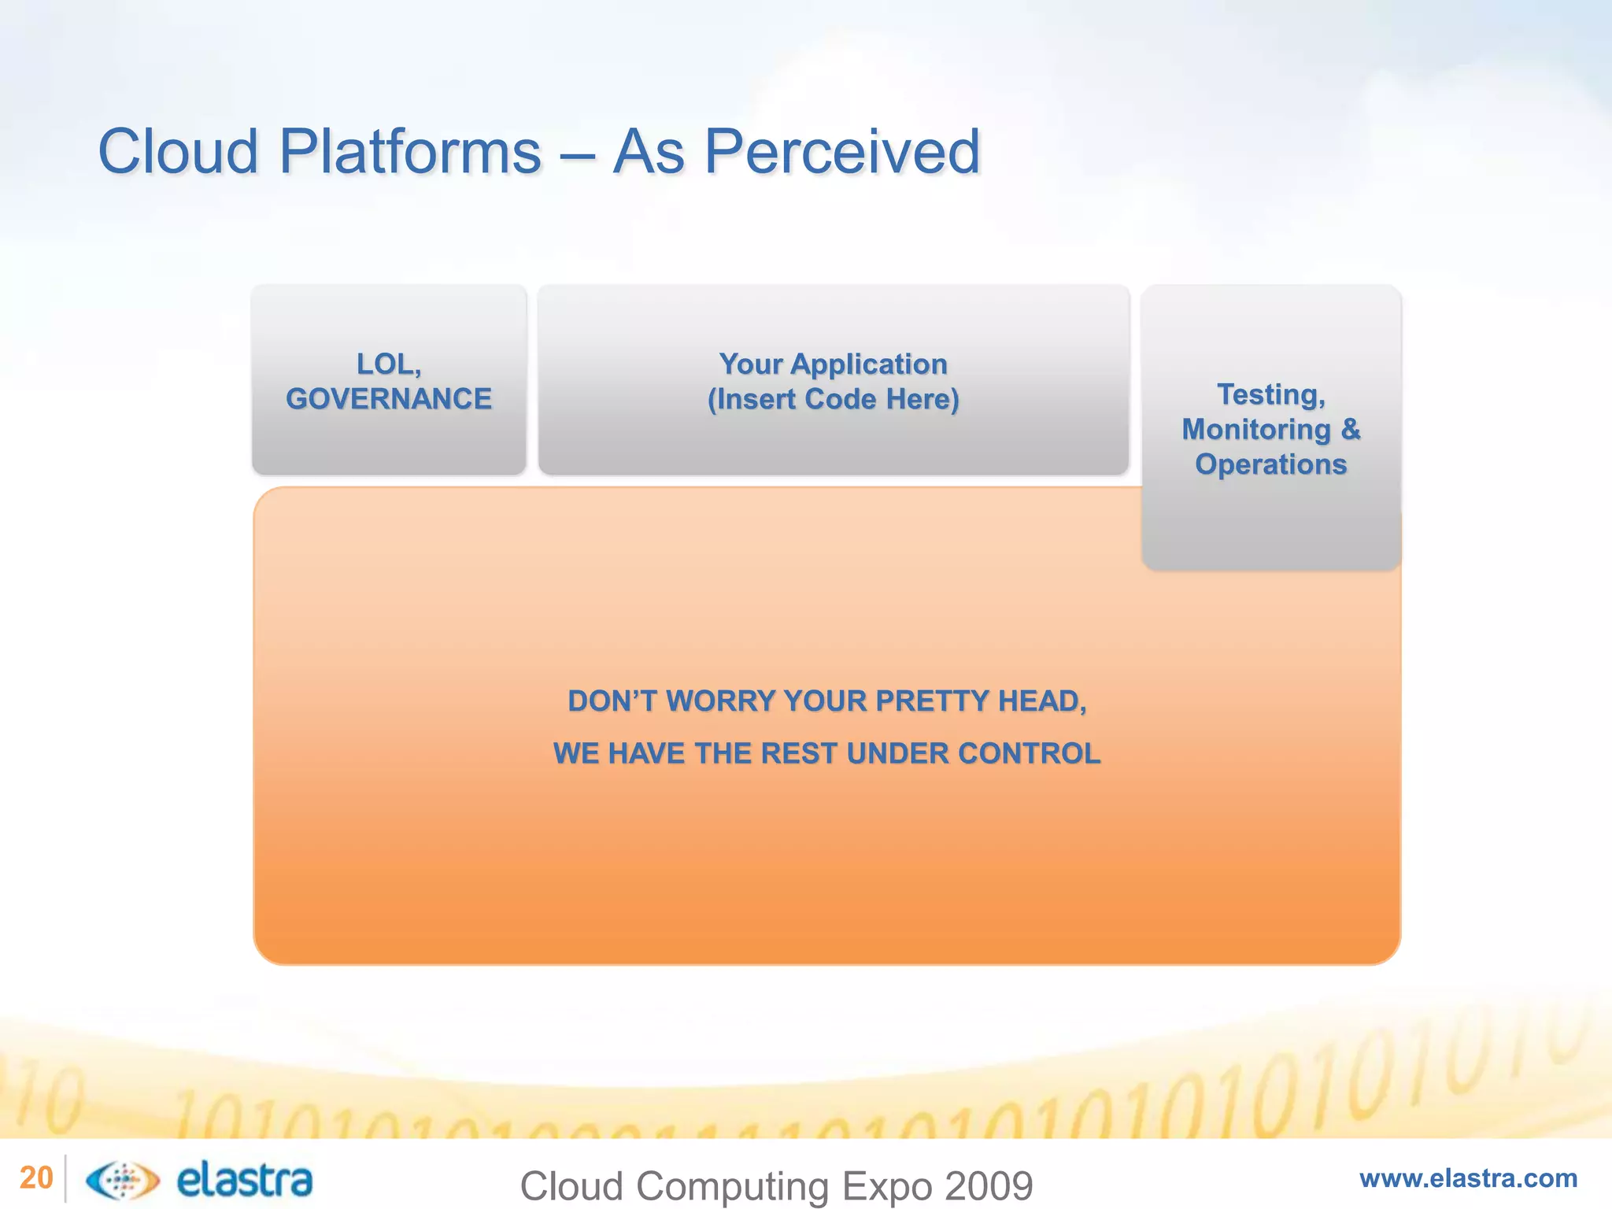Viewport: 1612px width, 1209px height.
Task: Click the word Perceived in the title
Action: click(841, 151)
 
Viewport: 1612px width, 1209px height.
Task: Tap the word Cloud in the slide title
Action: click(178, 151)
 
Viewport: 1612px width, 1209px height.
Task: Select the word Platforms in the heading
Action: click(409, 151)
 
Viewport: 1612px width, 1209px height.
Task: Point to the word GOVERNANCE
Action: click(389, 399)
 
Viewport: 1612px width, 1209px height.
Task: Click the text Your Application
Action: click(833, 364)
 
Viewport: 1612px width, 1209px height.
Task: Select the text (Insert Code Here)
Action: click(833, 399)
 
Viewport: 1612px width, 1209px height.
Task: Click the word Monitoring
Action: click(1255, 430)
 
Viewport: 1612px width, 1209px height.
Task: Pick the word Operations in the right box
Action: click(1270, 464)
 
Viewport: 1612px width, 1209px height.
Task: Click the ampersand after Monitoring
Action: click(1350, 430)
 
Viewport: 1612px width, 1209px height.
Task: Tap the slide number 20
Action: click(35, 1178)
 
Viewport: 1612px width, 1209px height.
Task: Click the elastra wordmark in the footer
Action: click(245, 1180)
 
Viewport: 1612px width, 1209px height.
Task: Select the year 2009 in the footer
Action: click(989, 1186)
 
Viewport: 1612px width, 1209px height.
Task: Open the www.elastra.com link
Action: click(1468, 1178)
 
